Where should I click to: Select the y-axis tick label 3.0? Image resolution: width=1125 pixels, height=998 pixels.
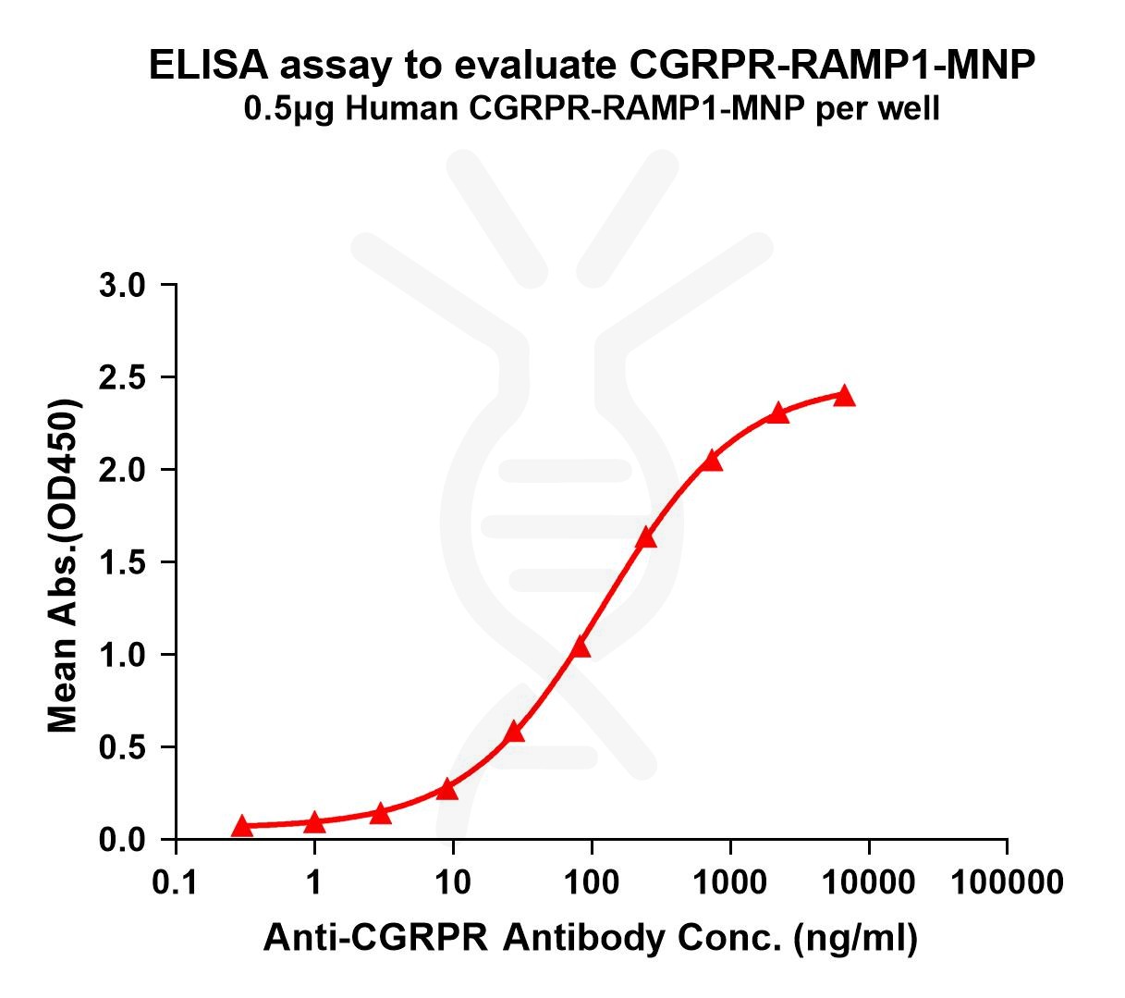pos(122,285)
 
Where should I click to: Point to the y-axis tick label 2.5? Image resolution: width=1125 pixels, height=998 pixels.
pos(122,377)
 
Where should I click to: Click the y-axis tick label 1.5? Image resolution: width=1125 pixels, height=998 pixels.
pos(122,562)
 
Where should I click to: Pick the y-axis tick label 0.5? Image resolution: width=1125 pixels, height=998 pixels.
pos(122,747)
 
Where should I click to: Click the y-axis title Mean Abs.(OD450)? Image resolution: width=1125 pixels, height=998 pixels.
pos(63,567)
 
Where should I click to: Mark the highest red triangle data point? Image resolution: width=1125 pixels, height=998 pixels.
pos(844,396)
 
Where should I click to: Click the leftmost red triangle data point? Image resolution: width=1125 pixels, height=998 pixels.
pos(242,825)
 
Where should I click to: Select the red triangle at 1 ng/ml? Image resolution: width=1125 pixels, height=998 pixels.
pos(314,821)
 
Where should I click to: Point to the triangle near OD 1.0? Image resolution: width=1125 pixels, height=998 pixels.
pos(581,647)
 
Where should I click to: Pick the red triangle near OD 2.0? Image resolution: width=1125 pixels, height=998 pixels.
pos(711,460)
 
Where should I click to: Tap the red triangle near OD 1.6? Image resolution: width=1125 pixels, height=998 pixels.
pos(646,537)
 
